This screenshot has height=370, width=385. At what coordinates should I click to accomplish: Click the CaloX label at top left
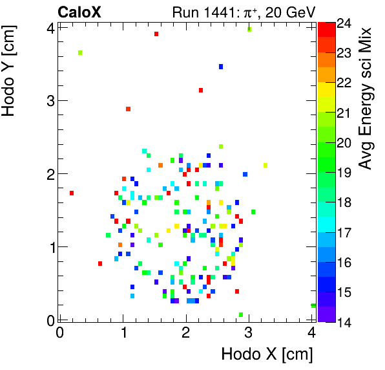[x=79, y=12]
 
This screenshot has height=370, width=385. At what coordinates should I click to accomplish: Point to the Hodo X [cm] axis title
[x=267, y=354]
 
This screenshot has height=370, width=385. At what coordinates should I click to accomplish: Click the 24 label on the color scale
[x=344, y=23]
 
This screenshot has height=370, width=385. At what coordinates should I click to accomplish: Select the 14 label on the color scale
[x=344, y=321]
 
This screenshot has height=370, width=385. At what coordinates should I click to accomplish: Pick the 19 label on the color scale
[x=344, y=172]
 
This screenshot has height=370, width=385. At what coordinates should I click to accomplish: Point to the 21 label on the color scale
[x=344, y=113]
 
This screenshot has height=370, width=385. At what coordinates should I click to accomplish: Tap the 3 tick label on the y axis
[x=47, y=100]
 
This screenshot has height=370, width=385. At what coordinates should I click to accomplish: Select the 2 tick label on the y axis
[x=47, y=173]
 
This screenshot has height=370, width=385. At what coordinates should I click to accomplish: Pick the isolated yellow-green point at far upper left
[x=80, y=53]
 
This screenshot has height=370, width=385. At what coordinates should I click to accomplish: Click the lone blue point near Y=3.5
[x=221, y=67]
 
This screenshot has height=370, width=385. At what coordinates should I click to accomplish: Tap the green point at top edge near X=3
[x=249, y=29]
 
